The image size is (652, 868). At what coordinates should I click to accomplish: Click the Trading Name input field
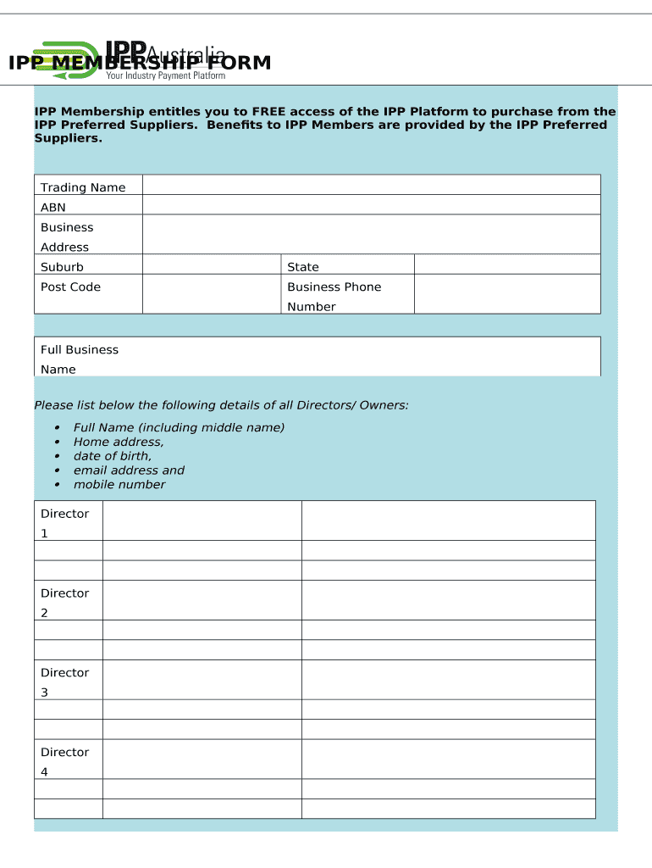click(371, 186)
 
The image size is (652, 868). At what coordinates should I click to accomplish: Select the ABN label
click(53, 208)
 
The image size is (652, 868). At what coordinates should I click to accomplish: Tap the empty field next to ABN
click(371, 205)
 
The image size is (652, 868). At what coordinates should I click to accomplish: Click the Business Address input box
click(371, 235)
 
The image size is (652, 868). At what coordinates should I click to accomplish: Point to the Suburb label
click(62, 267)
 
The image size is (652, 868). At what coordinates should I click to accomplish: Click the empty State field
click(506, 264)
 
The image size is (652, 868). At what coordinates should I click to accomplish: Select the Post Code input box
click(211, 294)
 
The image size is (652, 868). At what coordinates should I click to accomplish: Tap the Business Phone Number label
click(334, 297)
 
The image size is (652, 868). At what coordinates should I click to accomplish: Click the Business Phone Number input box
click(506, 294)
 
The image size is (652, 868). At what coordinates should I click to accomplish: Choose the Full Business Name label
click(79, 359)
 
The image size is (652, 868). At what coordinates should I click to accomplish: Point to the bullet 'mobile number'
click(119, 485)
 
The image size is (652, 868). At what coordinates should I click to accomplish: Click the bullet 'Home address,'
click(119, 442)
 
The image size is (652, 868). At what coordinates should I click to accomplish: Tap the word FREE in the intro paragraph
click(270, 112)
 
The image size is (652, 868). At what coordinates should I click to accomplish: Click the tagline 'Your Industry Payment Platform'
click(165, 76)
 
